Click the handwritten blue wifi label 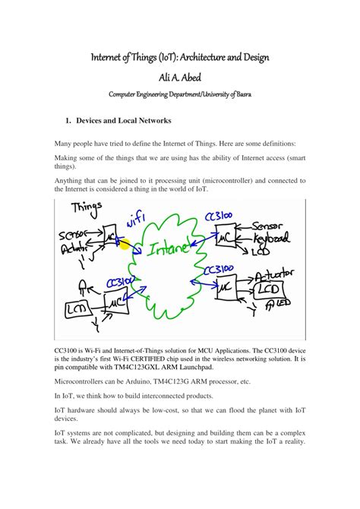137,223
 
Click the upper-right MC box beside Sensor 225,238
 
